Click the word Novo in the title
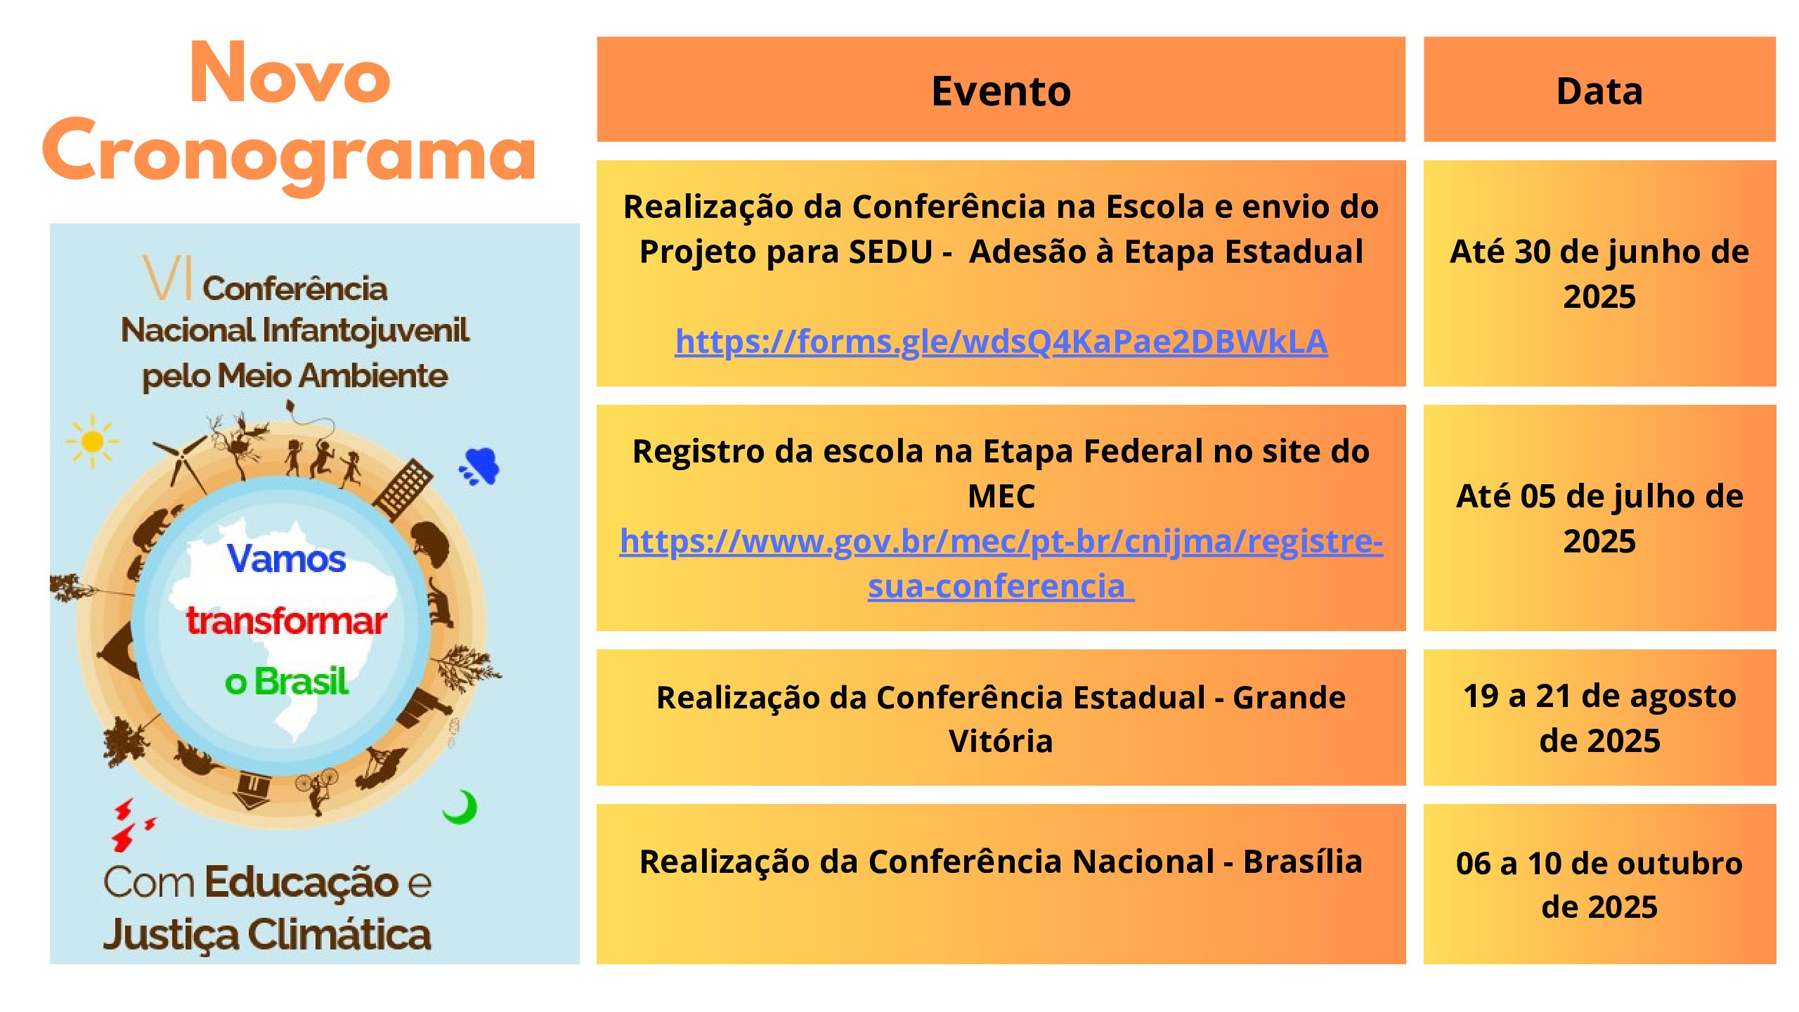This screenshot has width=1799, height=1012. [290, 73]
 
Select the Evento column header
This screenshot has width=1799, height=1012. [1001, 91]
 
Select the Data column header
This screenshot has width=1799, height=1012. [1599, 91]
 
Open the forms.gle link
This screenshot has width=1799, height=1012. [1001, 342]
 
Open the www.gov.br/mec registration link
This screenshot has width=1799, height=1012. [1001, 563]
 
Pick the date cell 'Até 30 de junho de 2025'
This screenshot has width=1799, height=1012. [1599, 273]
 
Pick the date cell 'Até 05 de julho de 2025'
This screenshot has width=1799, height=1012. [1599, 518]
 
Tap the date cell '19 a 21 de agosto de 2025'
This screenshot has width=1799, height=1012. [1599, 718]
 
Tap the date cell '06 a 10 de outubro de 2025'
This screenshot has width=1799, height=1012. [1599, 884]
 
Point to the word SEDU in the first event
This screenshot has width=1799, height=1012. [890, 252]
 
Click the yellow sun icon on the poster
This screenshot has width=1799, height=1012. [92, 441]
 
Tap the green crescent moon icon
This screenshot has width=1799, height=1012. [461, 807]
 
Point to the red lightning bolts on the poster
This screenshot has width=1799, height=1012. [131, 824]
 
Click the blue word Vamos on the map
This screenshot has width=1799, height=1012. [286, 559]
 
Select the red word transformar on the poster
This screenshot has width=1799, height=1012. [286, 621]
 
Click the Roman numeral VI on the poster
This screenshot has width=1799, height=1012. [167, 278]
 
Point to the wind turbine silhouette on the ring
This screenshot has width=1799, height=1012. [181, 461]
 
